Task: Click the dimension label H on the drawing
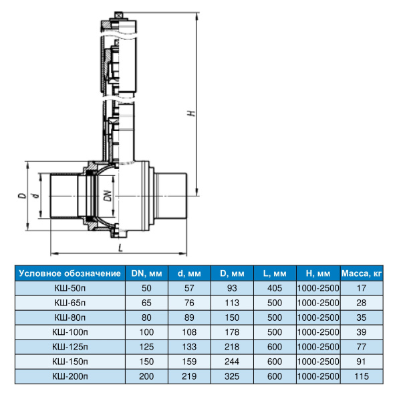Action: click(192, 113)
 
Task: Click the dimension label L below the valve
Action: click(120, 248)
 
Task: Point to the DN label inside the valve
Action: click(108, 196)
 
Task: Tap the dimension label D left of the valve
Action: click(22, 196)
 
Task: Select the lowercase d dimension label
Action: click(36, 196)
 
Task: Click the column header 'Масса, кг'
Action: click(362, 273)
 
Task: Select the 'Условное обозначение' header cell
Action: click(70, 273)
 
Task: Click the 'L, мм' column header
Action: click(275, 273)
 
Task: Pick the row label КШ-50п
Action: click(70, 288)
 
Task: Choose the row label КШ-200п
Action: click(70, 376)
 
